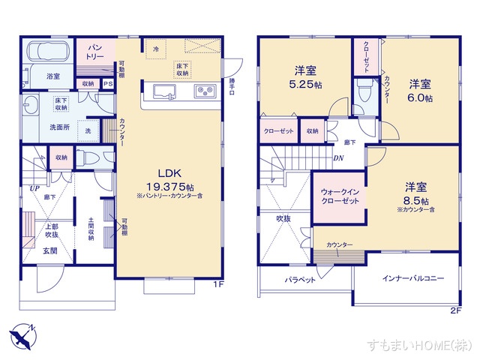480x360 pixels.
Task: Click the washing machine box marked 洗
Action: (88, 131)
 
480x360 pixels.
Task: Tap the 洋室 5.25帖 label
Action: (305, 78)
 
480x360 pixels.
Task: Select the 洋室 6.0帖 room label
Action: (421, 91)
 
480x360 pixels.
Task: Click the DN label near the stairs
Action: (338, 157)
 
